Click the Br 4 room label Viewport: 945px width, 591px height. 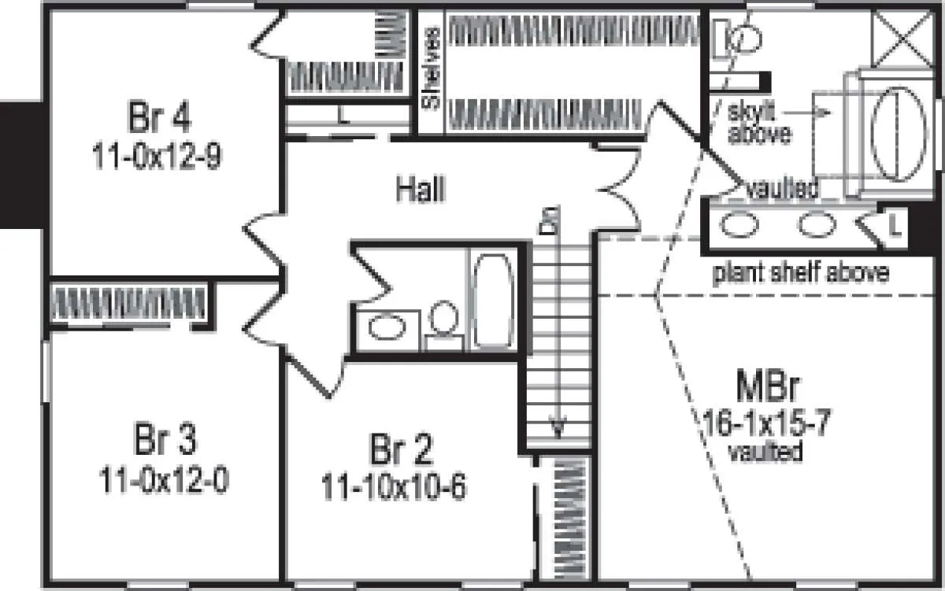(158, 119)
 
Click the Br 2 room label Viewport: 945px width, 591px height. (402, 451)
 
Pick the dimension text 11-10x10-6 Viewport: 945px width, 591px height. (393, 487)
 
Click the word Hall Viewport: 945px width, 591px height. (420, 189)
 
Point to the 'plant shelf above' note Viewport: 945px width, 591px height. (801, 273)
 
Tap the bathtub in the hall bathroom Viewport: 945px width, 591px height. (493, 300)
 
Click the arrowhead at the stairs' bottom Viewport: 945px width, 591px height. (558, 429)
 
